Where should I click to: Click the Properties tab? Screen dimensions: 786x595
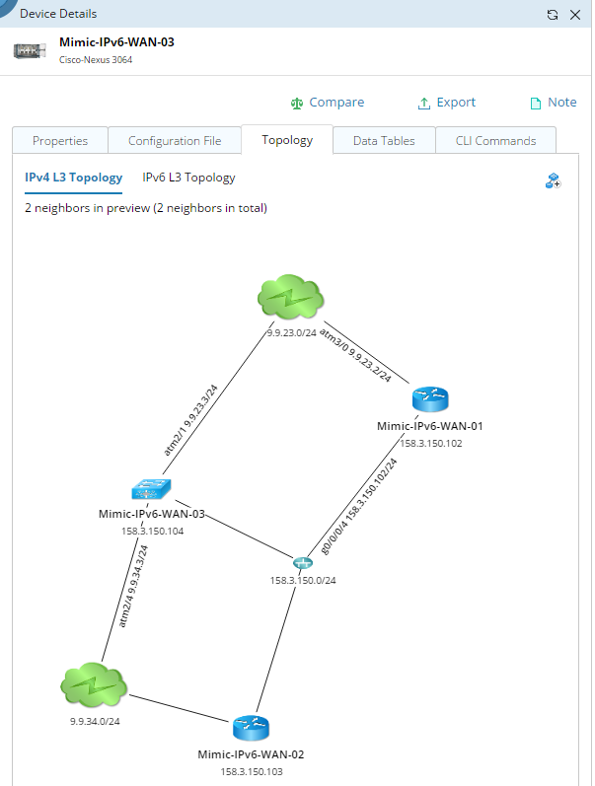click(60, 141)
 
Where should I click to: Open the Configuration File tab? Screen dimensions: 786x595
click(175, 141)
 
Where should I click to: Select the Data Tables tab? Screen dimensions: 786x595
click(384, 141)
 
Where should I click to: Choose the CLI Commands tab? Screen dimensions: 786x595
click(495, 141)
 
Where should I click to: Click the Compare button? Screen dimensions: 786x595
click(327, 103)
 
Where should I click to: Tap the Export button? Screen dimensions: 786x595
click(446, 103)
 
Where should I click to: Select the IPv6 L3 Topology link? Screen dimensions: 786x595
click(188, 178)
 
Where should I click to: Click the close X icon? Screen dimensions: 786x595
click(575, 15)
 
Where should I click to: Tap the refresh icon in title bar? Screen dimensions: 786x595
click(552, 15)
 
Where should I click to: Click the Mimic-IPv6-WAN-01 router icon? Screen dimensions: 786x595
click(429, 398)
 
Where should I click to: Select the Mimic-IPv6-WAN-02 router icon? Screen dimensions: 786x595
click(250, 728)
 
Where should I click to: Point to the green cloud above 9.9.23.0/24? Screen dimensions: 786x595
click(291, 297)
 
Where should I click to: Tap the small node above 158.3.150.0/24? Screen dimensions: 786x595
click(302, 562)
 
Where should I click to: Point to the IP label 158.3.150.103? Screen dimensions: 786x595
click(250, 771)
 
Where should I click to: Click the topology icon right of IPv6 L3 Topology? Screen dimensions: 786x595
click(553, 180)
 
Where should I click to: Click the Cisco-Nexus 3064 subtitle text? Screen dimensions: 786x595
click(96, 59)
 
